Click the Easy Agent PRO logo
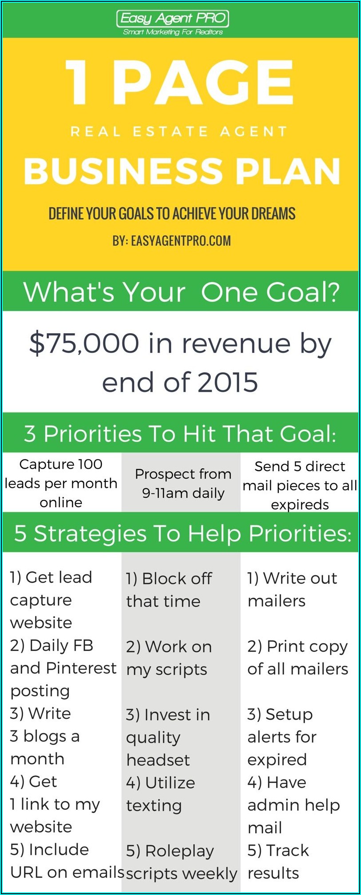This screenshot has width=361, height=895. (x=173, y=23)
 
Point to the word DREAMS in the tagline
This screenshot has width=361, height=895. (x=273, y=214)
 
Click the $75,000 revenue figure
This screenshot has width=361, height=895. (x=84, y=343)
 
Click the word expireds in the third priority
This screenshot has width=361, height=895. (x=300, y=505)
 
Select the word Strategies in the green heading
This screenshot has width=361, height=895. (x=90, y=533)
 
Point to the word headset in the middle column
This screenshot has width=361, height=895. (x=158, y=760)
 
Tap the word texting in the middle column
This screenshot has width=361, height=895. (x=154, y=806)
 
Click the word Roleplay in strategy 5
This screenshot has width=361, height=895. (x=180, y=851)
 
